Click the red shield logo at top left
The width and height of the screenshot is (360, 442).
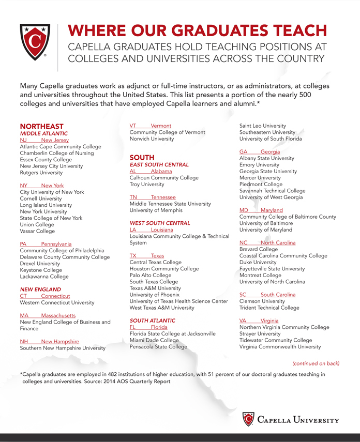point(35,42)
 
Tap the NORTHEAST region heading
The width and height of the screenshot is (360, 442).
point(41,126)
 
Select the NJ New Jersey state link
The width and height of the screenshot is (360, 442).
point(44,140)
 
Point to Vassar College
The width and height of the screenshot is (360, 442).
point(37,231)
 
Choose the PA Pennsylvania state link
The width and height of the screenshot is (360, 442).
point(46,244)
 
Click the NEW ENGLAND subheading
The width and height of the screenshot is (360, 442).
point(40,289)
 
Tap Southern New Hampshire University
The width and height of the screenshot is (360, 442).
point(62,348)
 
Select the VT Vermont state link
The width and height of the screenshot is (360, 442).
point(150,126)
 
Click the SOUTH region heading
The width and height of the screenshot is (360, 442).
point(142,157)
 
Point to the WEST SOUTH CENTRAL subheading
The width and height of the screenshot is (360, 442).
point(160,223)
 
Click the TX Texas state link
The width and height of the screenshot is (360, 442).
point(146,256)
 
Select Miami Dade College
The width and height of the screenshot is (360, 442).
point(154,340)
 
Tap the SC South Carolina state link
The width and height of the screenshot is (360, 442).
point(267,295)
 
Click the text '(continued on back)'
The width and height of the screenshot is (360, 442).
point(316,363)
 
